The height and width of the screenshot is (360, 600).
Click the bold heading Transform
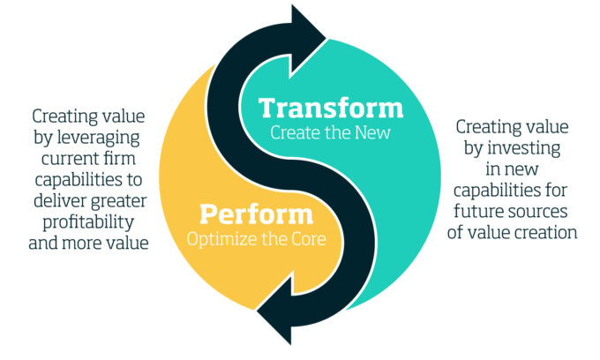click(x=331, y=108)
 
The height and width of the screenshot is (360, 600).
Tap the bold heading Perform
click(x=257, y=214)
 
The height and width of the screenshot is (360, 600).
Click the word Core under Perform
click(x=309, y=239)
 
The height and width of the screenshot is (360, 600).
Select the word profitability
click(x=88, y=222)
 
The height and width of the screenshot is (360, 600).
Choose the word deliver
click(x=58, y=201)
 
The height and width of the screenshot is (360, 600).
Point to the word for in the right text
click(x=554, y=190)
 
